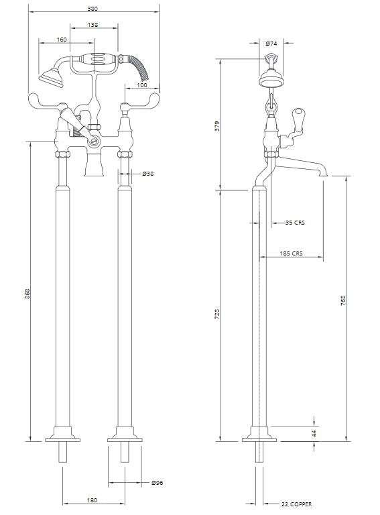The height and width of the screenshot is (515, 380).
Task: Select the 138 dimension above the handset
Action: pos(94,24)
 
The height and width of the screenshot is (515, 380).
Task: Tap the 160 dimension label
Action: pos(62,40)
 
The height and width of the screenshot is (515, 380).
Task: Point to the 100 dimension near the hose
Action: pos(143,85)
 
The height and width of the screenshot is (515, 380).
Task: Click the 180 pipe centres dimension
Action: pos(92,500)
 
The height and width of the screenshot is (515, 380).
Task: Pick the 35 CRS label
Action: pos(294,223)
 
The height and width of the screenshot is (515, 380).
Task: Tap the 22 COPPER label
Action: pos(296,504)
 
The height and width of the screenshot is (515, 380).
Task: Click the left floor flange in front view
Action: pos(62,440)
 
